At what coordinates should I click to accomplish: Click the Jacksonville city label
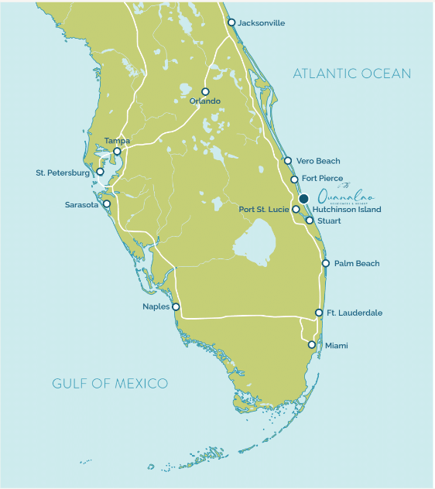[x=262, y=23]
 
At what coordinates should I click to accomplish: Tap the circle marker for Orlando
[x=205, y=91]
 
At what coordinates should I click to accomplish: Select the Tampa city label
[x=117, y=141]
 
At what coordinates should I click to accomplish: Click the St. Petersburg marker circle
[x=100, y=172]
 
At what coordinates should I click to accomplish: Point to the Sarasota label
[x=84, y=205]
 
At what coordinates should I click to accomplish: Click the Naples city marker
[x=176, y=306]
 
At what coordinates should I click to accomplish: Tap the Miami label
[x=336, y=345]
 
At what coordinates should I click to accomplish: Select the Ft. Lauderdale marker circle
[x=319, y=313]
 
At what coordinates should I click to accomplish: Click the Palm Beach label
[x=357, y=264]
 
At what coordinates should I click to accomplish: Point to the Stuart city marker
[x=309, y=221]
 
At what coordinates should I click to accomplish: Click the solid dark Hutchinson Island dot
[x=304, y=198]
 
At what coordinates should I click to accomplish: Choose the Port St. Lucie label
[x=264, y=210]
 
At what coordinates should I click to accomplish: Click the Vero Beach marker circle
[x=288, y=161]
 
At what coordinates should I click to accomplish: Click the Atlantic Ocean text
[x=351, y=74]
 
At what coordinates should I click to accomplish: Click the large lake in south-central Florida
[x=256, y=248]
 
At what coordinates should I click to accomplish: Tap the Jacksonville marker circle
[x=231, y=22]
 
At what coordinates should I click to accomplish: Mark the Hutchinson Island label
[x=347, y=210]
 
